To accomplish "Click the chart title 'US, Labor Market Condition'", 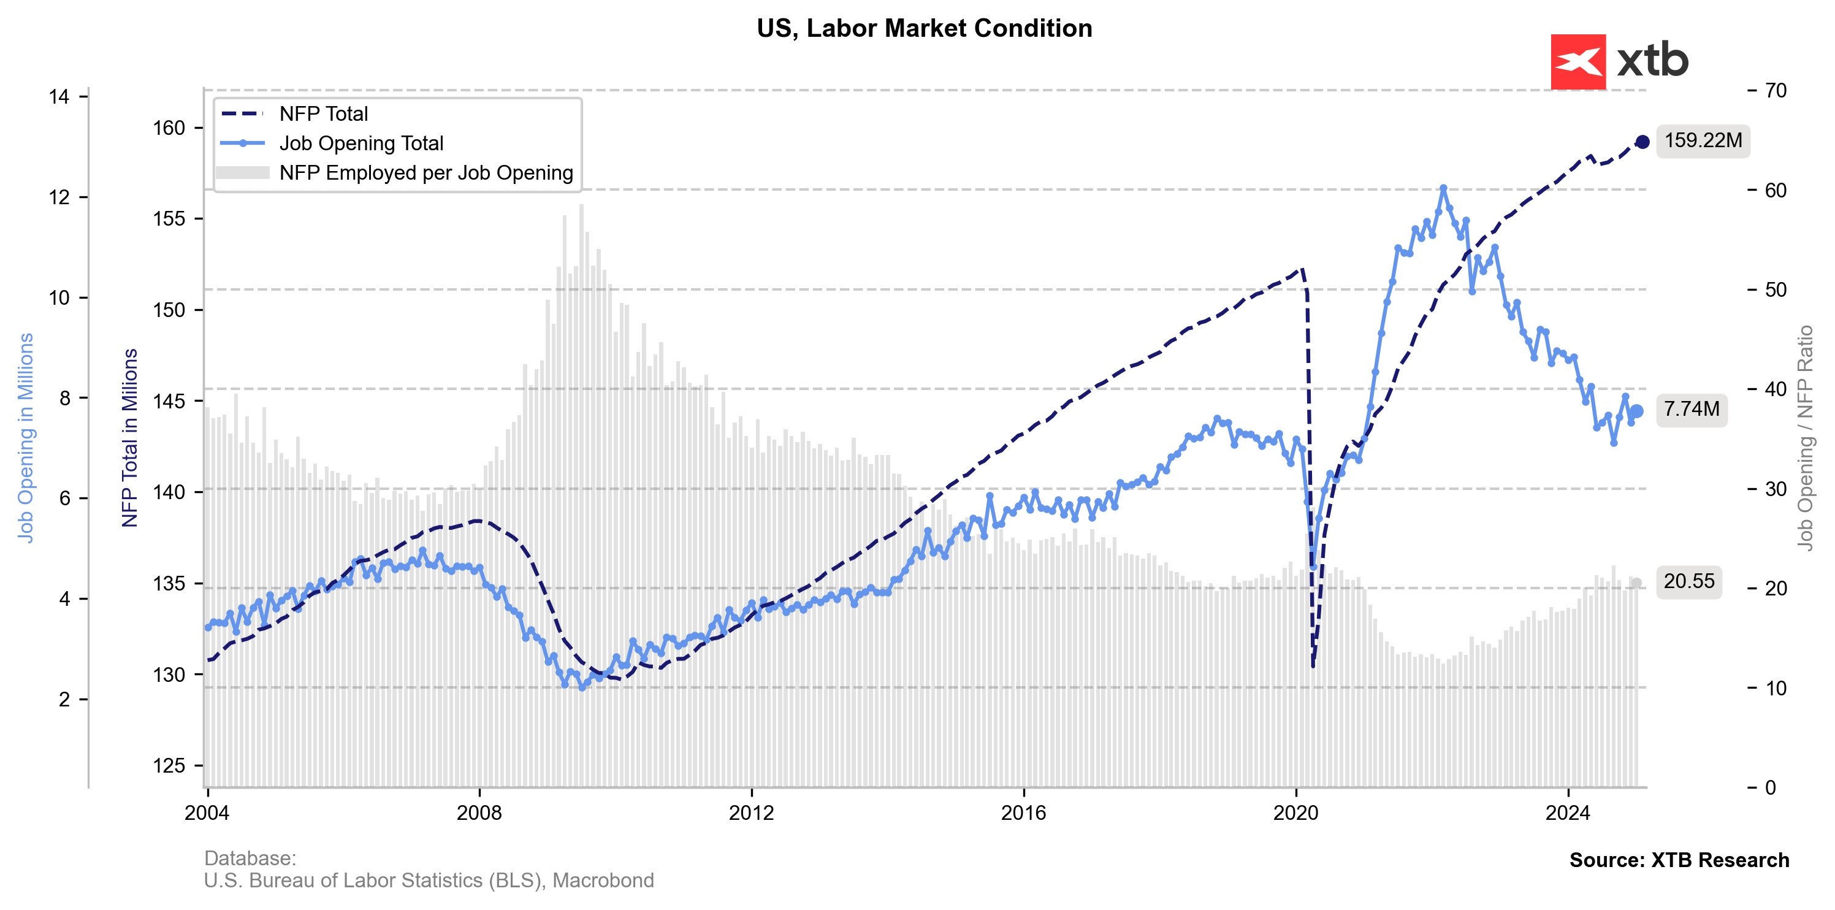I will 924,28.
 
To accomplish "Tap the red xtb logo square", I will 1578,62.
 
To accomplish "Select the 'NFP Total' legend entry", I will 323,114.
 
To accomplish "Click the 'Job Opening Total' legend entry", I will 361,143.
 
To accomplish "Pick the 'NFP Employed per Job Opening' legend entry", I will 426,173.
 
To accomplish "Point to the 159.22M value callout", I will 1703,140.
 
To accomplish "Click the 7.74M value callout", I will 1691,409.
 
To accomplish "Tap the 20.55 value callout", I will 1688,581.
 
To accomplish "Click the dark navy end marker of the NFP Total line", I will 1642,142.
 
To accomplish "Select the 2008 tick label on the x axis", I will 479,813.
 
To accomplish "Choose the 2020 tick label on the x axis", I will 1295,813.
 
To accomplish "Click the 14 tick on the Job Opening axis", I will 60,96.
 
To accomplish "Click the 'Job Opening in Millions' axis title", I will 26,438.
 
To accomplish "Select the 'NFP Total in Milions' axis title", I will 129,438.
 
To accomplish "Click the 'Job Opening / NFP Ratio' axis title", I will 1804,438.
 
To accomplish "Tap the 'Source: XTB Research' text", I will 1679,860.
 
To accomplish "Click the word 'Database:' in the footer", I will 250,858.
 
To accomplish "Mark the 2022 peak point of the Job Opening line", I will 1443,188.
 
